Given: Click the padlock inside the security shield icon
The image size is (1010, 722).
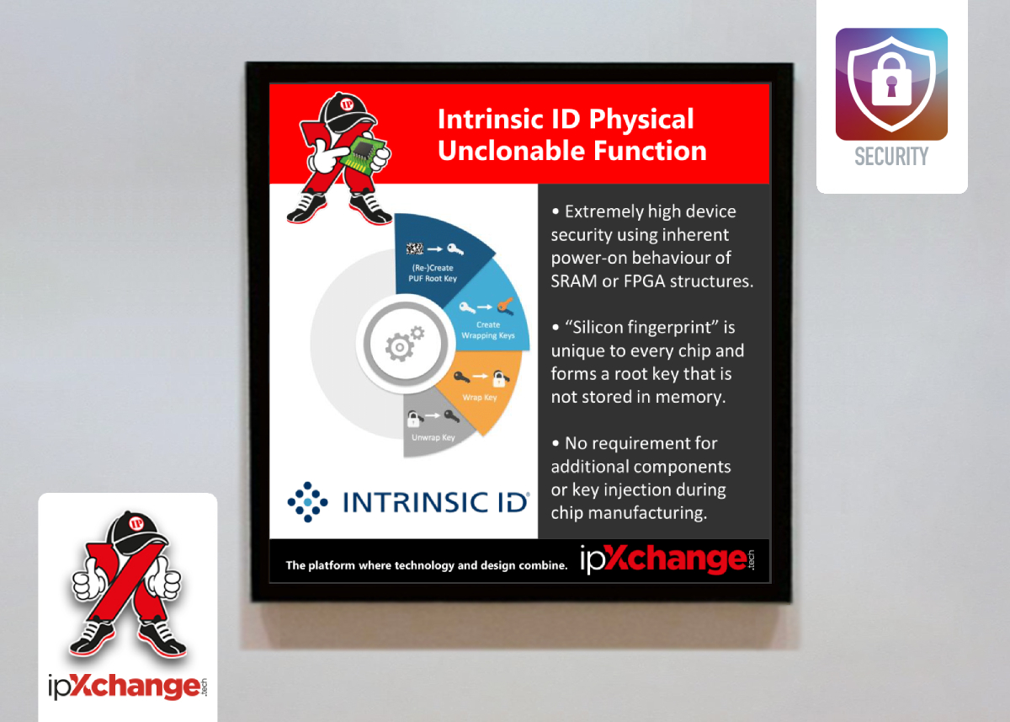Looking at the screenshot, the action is [x=891, y=80].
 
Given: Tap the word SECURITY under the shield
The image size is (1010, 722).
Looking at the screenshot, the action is [x=891, y=157].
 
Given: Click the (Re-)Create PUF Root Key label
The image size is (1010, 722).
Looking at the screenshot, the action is [x=433, y=273].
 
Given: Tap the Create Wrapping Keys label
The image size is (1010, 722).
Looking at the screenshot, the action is [x=488, y=330].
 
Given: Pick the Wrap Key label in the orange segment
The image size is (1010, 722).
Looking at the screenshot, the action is [x=479, y=398].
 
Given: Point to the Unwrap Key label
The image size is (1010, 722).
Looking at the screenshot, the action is [x=433, y=437].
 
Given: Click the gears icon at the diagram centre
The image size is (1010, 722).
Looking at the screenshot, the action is [x=404, y=344].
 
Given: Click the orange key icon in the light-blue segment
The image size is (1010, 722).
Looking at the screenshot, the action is [x=506, y=305].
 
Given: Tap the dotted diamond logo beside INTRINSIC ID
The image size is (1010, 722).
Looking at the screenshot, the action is [x=307, y=502].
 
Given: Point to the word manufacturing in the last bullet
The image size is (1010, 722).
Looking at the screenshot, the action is [x=646, y=514].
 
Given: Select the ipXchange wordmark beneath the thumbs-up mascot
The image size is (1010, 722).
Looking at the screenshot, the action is [x=128, y=687].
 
